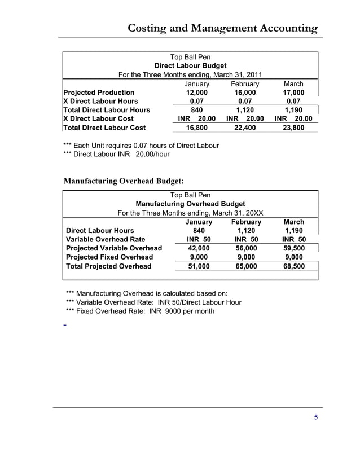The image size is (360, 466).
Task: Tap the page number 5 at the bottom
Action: [x=315, y=417]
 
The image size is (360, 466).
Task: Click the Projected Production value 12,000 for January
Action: [x=197, y=93]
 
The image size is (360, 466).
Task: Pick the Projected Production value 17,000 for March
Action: [x=293, y=93]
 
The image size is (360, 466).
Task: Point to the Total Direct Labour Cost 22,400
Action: [x=245, y=128]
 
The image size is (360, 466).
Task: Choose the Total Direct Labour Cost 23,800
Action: [x=293, y=128]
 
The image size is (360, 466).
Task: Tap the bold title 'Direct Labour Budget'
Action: [x=190, y=66]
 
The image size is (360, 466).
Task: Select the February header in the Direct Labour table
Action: [x=245, y=84]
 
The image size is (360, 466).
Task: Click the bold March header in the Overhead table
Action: [x=294, y=222]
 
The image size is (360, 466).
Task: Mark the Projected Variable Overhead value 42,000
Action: [x=199, y=248]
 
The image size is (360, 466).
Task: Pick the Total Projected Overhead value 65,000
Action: [x=246, y=266]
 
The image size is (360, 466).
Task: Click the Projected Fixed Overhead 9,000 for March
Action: [x=294, y=257]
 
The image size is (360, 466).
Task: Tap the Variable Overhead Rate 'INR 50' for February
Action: [x=246, y=239]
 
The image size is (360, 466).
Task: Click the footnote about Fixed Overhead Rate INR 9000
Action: [x=140, y=311]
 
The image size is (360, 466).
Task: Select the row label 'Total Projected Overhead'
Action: [x=109, y=266]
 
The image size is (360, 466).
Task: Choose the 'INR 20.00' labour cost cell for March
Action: [x=293, y=119]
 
